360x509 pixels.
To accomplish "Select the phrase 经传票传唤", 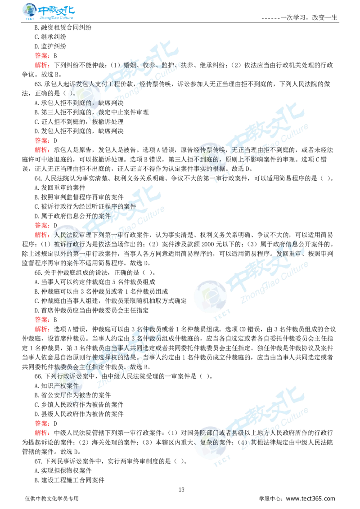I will coord(211,150).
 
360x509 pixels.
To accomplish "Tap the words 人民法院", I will coord(66,235).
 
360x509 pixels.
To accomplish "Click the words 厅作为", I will coord(63,395).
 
